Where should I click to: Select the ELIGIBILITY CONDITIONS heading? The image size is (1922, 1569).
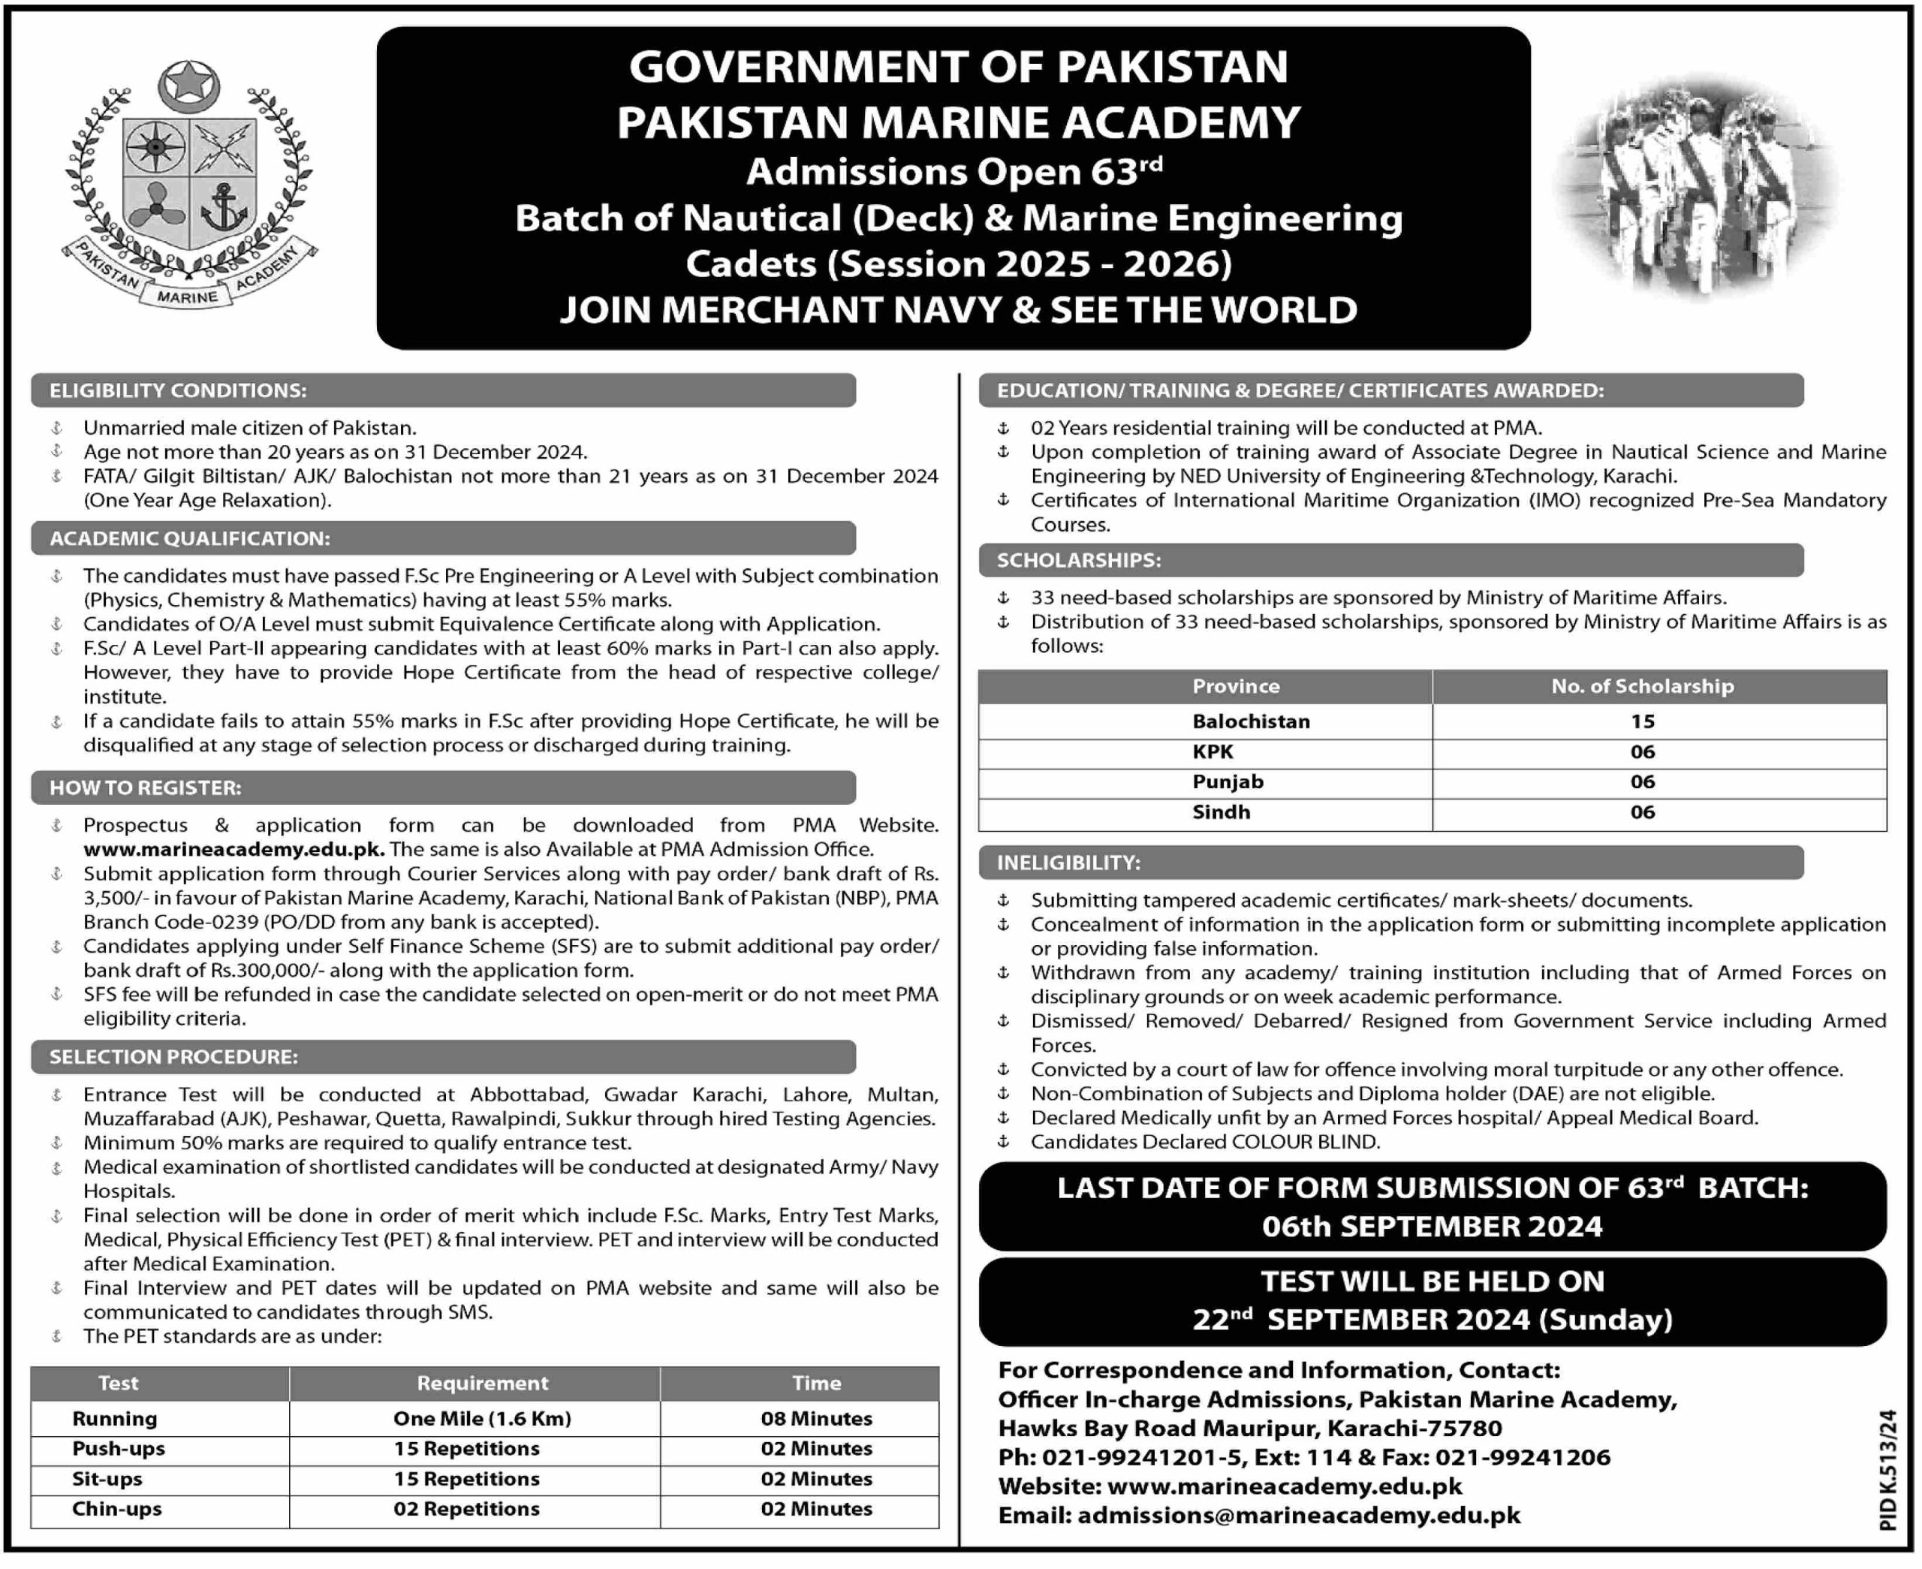pos(178,390)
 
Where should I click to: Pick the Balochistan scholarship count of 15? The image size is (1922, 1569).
pos(1642,721)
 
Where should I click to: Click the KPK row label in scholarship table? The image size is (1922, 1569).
pos(1213,752)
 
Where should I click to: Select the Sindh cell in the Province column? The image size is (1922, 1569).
pos(1221,812)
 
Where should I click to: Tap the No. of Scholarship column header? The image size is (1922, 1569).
pos(1642,686)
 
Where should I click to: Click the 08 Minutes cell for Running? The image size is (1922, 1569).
pos(816,1418)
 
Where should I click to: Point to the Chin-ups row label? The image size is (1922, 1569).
pos(116,1508)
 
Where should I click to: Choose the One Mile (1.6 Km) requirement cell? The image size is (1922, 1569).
pos(482,1418)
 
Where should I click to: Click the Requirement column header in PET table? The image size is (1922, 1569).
pos(482,1383)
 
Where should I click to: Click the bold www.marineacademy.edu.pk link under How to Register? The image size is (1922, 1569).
pos(234,850)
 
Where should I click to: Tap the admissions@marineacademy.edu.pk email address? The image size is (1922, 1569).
pos(1299,1515)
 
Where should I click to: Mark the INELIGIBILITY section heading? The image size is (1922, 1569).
pos(1068,863)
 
